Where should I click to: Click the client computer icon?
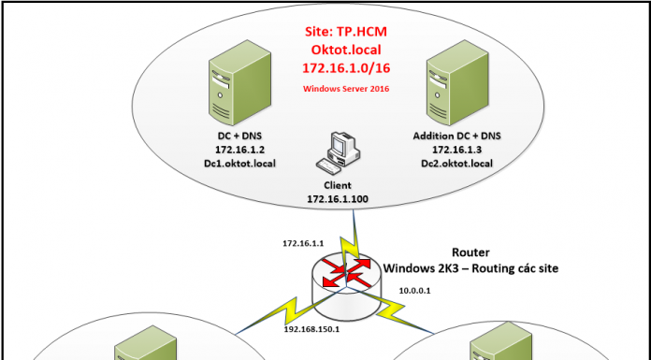click(x=335, y=154)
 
